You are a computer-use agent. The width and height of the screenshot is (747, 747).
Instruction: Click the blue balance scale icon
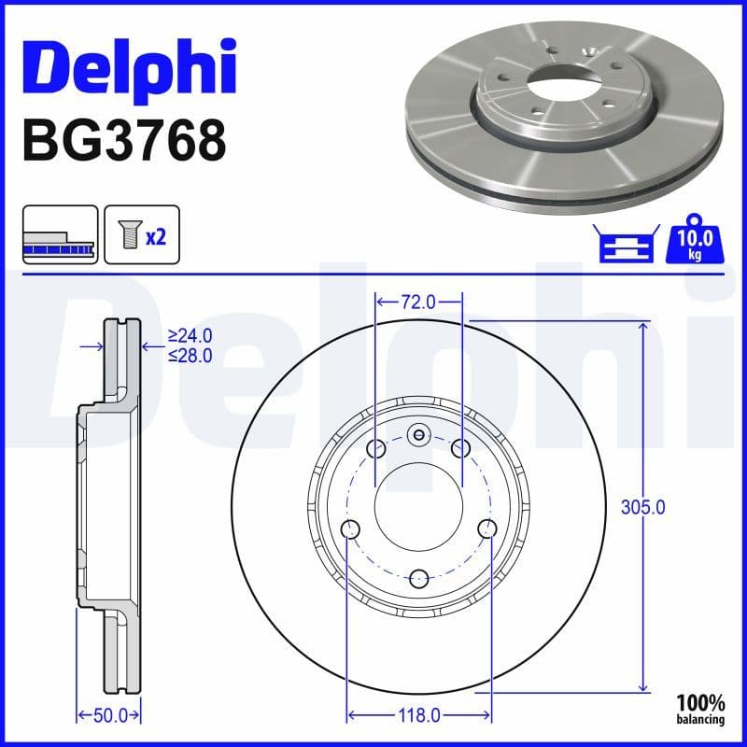[625, 246]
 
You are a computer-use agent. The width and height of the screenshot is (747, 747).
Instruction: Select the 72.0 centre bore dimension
[418, 301]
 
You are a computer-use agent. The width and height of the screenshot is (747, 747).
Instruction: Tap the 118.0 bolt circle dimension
[418, 715]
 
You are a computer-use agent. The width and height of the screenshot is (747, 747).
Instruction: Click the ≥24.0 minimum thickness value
[190, 335]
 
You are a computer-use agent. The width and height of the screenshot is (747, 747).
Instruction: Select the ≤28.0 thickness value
[190, 355]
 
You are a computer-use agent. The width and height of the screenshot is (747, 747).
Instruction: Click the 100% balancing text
[701, 709]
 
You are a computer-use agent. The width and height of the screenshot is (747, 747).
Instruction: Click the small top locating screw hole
[419, 433]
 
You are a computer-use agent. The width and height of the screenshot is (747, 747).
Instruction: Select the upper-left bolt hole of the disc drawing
[376, 450]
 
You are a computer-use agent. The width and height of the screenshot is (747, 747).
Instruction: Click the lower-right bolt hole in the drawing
[486, 529]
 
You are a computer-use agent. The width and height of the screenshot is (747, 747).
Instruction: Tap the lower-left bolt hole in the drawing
[351, 530]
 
